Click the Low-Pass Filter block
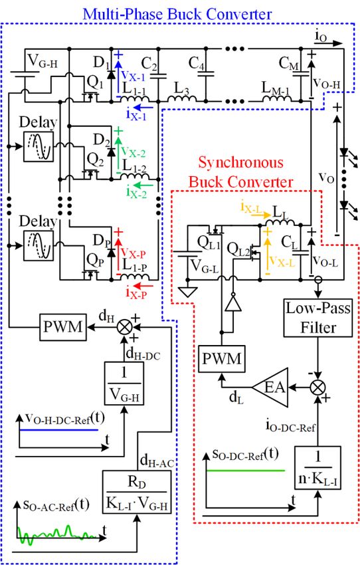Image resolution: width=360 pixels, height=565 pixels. tap(318, 318)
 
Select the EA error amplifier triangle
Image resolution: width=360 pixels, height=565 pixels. tap(271, 388)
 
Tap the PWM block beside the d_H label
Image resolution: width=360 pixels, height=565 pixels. tap(63, 327)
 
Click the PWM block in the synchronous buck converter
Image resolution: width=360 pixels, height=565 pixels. tap(222, 358)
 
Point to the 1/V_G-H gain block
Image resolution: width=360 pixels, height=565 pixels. tap(124, 384)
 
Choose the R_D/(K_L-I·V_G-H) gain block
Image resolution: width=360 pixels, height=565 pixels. tap(137, 491)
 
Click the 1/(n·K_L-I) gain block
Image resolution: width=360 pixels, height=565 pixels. tap(317, 467)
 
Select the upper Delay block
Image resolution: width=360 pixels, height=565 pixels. tap(39, 146)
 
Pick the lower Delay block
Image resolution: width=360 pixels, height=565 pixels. tap(39, 245)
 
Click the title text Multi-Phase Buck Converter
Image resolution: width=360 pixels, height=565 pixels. tap(177, 14)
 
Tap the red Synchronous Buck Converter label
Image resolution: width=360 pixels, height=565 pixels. tap(240, 172)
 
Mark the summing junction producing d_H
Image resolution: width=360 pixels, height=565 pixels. tap(125, 327)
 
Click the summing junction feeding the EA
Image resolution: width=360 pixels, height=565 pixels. tap(317, 388)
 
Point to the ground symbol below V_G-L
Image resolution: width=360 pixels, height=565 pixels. tap(187, 291)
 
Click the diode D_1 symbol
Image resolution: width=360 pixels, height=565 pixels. tap(111, 74)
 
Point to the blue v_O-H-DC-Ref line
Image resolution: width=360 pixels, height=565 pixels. tap(58, 430)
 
